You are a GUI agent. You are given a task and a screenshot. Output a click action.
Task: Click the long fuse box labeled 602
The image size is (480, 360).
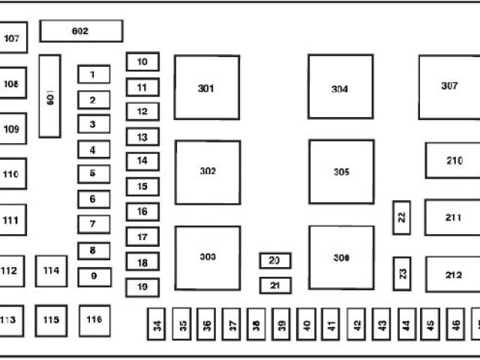click(x=81, y=31)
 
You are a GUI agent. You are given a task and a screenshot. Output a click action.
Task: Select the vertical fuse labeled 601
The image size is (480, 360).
click(x=49, y=96)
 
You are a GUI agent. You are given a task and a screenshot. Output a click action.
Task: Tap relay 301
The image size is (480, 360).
click(x=207, y=87)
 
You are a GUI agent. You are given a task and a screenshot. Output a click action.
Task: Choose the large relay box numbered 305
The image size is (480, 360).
click(x=341, y=172)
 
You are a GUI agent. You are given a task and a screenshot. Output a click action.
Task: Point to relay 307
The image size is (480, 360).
click(x=448, y=86)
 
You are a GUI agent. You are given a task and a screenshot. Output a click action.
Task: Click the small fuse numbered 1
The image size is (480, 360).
click(x=94, y=75)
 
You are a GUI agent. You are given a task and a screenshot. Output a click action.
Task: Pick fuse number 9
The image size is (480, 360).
click(x=94, y=276)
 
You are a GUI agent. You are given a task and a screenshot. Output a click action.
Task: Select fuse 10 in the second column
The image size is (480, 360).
click(x=142, y=61)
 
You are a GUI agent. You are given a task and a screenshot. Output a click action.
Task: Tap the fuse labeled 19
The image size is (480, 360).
click(x=142, y=286)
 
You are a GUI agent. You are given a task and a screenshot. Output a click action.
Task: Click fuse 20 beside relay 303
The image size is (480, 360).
click(x=275, y=260)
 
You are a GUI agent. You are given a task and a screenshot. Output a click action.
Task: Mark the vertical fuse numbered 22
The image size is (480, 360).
click(x=402, y=217)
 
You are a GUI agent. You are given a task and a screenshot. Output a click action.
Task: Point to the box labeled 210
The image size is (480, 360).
click(x=453, y=160)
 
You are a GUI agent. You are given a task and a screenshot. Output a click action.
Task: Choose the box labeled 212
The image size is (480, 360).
click(x=453, y=274)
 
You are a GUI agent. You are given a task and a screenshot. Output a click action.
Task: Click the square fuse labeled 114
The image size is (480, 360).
click(x=51, y=271)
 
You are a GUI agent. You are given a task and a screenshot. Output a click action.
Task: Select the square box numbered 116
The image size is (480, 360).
click(x=94, y=320)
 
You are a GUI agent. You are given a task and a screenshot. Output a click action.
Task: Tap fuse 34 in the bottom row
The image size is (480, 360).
click(x=157, y=325)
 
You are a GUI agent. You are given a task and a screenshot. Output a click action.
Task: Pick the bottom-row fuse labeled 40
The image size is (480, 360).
click(x=307, y=325)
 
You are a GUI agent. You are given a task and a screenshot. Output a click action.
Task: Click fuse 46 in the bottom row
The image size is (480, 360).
click(x=456, y=325)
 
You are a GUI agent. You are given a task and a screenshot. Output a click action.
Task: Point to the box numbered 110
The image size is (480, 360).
click(x=12, y=174)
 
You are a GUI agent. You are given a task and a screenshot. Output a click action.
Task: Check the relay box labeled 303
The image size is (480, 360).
click(x=208, y=257)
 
